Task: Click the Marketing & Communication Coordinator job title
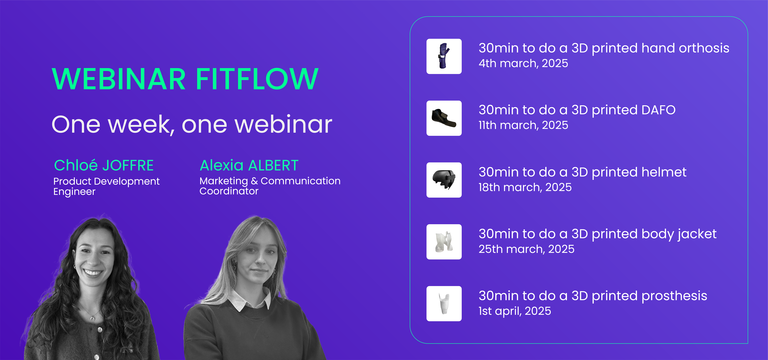(270, 186)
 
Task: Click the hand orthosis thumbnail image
(444, 56)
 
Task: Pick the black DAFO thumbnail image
(444, 118)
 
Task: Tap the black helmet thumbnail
(444, 180)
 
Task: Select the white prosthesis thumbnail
(444, 304)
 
